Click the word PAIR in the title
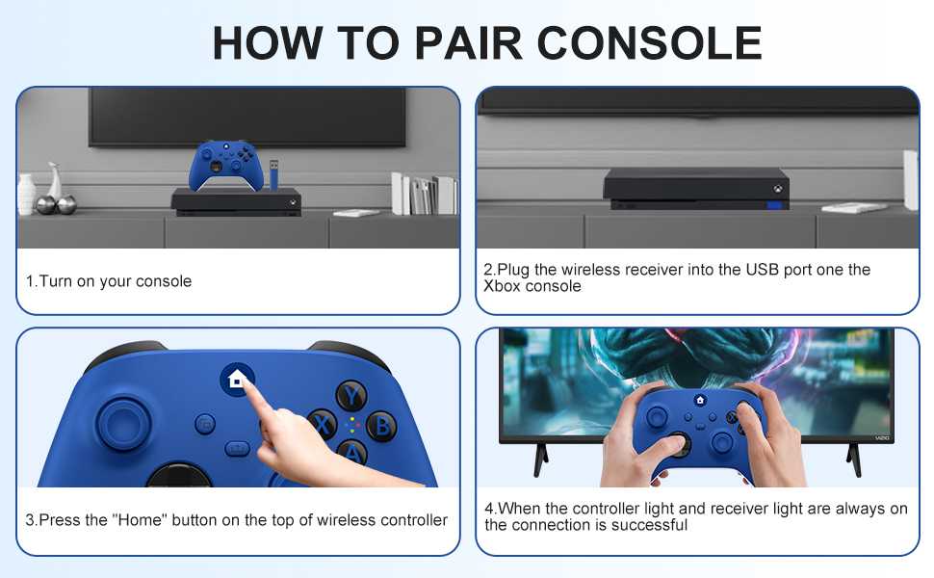tap(468, 43)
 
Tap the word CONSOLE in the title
tap(649, 43)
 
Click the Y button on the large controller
tap(351, 396)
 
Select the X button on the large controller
tap(323, 425)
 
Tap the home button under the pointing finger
tap(237, 379)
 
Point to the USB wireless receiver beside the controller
tap(273, 174)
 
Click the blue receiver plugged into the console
tap(774, 205)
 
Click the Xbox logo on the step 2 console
tap(777, 189)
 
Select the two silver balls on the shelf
tap(56, 204)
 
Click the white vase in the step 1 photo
tap(26, 195)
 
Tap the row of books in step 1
tap(424, 195)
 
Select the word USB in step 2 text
tap(763, 270)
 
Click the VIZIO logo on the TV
tap(882, 438)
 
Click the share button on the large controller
tap(237, 448)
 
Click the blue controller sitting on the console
tap(226, 165)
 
